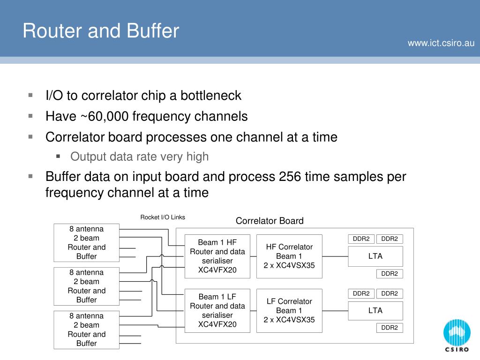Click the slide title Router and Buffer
click(x=101, y=31)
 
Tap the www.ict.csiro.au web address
click(x=441, y=43)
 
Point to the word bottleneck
click(x=211, y=95)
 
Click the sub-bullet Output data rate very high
click(x=139, y=157)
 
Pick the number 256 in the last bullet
click(x=290, y=177)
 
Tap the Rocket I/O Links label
click(x=163, y=217)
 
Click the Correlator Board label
click(x=270, y=221)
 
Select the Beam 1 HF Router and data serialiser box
click(x=217, y=256)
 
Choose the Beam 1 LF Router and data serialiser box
click(x=217, y=310)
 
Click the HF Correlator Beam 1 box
click(x=289, y=256)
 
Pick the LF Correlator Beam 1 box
click(x=289, y=310)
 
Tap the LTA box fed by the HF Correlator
click(x=375, y=256)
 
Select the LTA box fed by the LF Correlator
click(x=375, y=310)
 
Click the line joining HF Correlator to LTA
click(x=335, y=256)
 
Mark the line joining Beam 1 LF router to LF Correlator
click(x=253, y=311)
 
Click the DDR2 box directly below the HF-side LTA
click(x=389, y=274)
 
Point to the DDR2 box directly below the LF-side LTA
click(x=389, y=328)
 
